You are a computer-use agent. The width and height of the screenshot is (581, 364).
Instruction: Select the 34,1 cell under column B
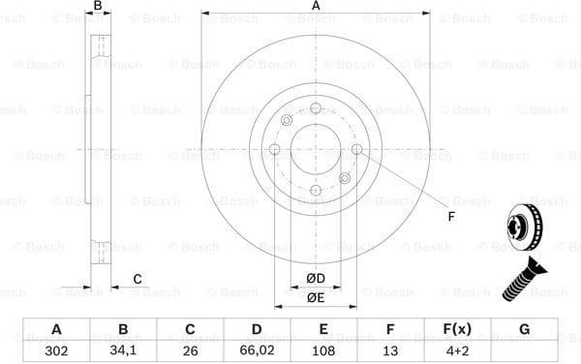(123, 350)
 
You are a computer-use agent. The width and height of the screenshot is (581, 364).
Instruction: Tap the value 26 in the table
(189, 350)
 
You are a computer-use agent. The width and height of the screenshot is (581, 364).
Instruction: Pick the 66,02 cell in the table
(256, 350)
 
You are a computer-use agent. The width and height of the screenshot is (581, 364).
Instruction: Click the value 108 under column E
(323, 350)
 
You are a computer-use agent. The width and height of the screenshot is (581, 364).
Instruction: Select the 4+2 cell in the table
(457, 350)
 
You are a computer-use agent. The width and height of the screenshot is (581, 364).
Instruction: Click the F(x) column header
(457, 329)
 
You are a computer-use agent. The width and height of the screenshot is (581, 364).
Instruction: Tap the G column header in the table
(524, 329)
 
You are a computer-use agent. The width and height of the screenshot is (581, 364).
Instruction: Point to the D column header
(256, 329)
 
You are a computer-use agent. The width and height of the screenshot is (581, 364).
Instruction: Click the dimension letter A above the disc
(316, 7)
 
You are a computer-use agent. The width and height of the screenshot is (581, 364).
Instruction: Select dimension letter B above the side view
(97, 7)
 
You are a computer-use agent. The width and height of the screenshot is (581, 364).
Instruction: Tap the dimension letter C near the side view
(138, 280)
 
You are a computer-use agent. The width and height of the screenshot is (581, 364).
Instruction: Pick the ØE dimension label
(316, 297)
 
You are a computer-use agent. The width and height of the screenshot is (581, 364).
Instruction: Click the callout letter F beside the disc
(450, 217)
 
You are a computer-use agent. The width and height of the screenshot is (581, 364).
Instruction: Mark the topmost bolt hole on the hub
(316, 108)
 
